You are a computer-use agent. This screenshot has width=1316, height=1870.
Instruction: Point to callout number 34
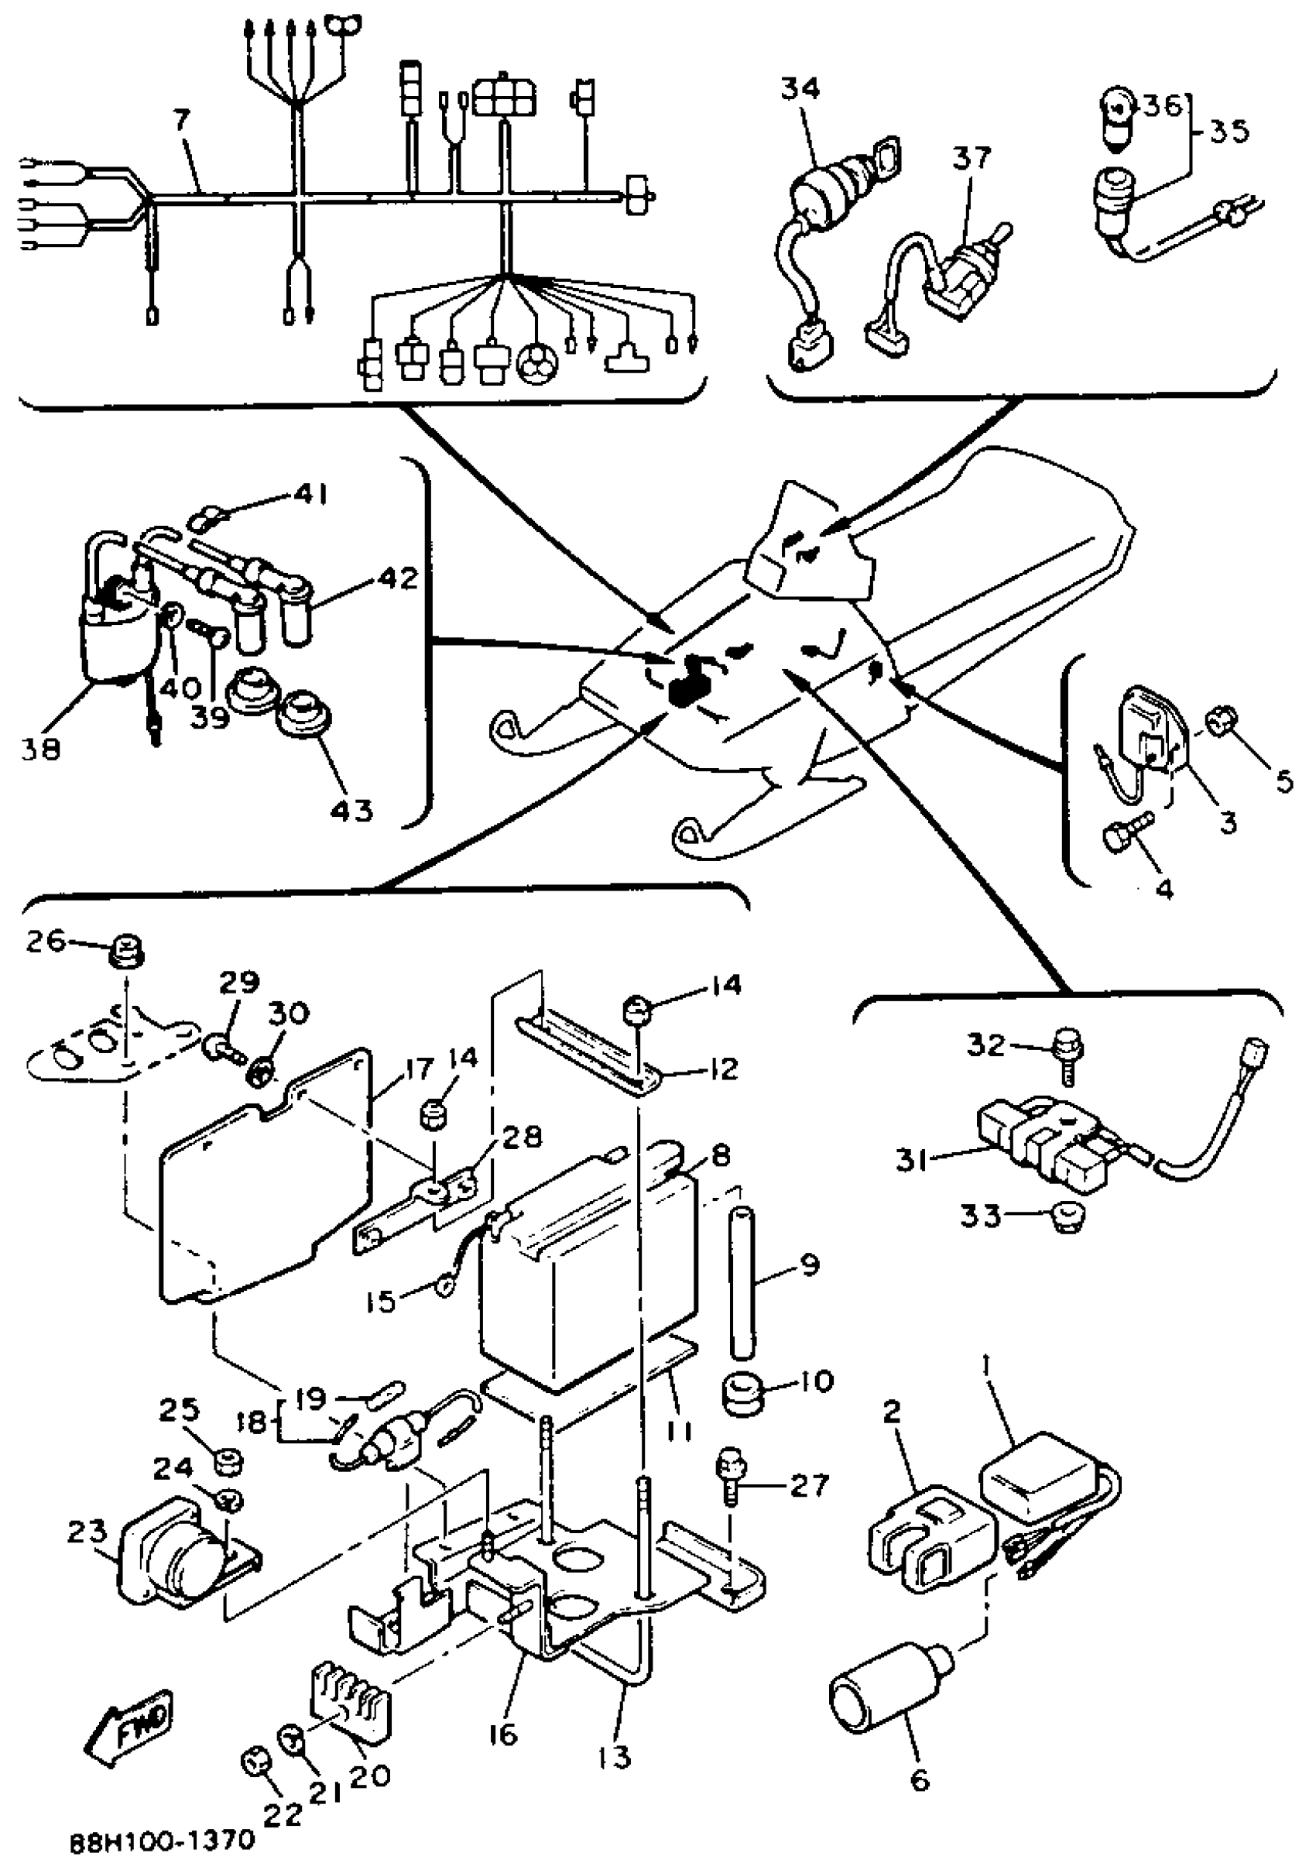pos(800,89)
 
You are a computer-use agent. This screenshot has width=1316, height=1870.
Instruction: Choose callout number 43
pos(351,811)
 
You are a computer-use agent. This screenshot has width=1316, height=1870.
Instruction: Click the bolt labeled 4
pos(1126,832)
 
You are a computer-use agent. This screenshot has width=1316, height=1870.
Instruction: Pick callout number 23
pos(87,1531)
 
